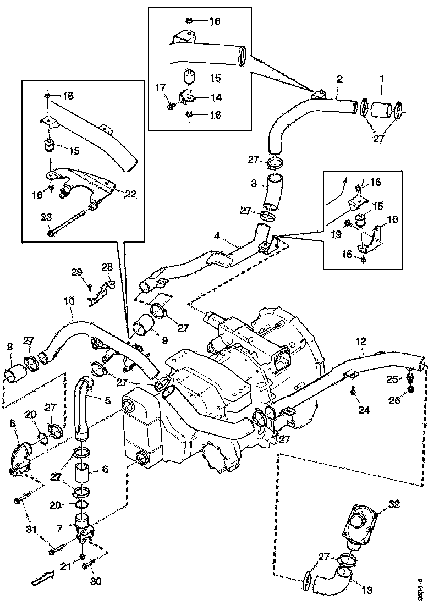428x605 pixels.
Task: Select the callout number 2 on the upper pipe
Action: [339, 80]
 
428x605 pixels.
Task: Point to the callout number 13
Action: [367, 590]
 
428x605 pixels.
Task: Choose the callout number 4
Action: [217, 236]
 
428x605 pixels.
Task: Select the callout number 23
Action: [47, 217]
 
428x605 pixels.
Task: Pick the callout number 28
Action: [107, 267]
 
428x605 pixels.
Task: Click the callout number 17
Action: [160, 86]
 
